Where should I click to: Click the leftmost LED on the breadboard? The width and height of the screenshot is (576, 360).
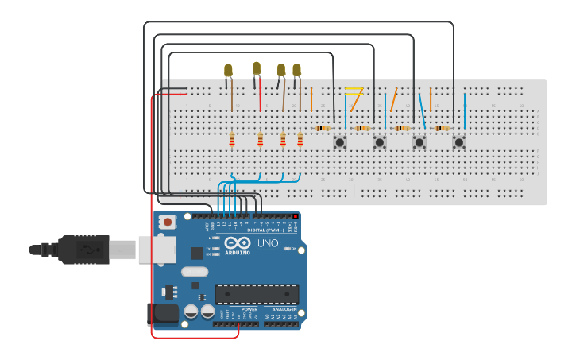(x=228, y=71)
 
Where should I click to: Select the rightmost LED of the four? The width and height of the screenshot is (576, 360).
(x=296, y=71)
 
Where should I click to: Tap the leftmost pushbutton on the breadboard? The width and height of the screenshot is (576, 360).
(x=339, y=142)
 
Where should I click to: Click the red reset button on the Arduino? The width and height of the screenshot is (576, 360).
(x=168, y=223)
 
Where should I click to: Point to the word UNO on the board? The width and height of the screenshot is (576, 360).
(x=268, y=243)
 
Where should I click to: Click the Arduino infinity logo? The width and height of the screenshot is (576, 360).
(x=237, y=243)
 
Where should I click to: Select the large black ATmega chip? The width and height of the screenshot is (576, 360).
(x=257, y=294)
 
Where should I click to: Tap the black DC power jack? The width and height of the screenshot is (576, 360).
(x=163, y=313)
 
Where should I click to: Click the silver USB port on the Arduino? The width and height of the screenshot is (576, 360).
(x=157, y=249)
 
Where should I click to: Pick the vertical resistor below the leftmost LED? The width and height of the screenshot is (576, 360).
(x=232, y=141)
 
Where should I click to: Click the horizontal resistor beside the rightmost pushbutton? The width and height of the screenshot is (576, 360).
(x=442, y=128)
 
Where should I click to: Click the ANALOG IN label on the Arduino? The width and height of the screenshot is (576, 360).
(x=284, y=309)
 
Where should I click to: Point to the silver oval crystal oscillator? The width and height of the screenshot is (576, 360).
(x=194, y=272)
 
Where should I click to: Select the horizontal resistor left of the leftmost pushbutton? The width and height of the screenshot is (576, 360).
(x=323, y=128)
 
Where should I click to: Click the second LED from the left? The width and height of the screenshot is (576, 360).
(x=256, y=69)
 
